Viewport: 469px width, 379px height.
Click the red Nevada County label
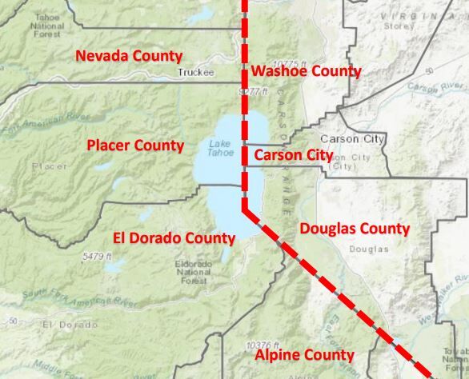coord(129,56)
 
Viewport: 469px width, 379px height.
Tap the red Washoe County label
coord(307,71)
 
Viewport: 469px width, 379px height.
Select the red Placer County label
coord(135,146)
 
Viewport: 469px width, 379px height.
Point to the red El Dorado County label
coord(174,237)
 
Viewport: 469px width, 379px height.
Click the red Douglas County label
coord(355,229)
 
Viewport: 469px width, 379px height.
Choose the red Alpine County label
coord(304,354)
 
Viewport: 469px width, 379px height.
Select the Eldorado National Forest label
coord(194,272)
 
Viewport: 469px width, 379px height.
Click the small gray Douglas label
coord(368,249)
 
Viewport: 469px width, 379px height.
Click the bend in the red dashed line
coord(245,208)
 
